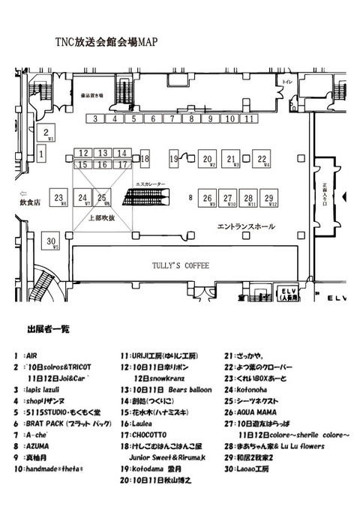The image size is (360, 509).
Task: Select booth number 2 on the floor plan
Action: pos(49,134)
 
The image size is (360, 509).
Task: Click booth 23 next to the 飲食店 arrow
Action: pos(58,198)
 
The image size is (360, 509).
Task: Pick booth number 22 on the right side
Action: pos(262,158)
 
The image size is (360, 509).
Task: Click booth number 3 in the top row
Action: pos(96,118)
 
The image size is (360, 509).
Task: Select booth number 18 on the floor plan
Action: pos(145,159)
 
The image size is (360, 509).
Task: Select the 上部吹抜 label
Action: pos(102,218)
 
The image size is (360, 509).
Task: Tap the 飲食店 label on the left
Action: pos(28,202)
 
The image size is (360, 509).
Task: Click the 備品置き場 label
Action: pos(94,96)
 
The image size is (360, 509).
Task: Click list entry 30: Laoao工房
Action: pos(251,469)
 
